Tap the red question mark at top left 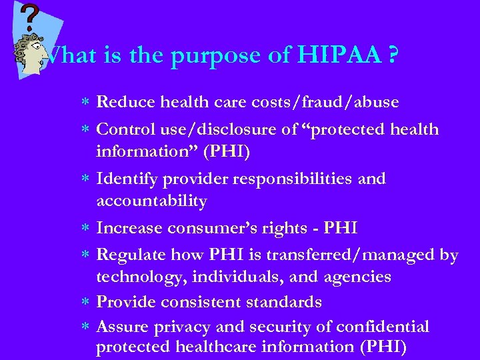pos(29,17)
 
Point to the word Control pos(127,129)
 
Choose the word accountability pos(151,201)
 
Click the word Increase pos(129,228)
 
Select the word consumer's pos(205,228)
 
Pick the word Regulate pos(131,255)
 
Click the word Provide pos(125,302)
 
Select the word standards pos(284,302)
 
